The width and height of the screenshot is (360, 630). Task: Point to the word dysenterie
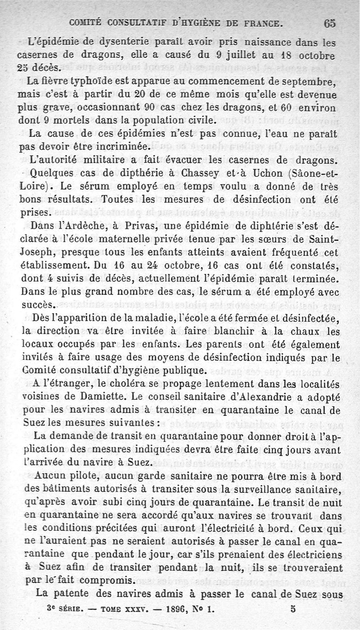pyautogui.click(x=121, y=44)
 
